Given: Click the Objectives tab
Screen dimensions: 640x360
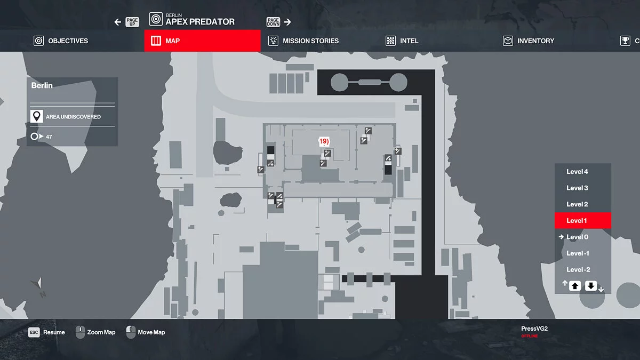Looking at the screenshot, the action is [61, 41].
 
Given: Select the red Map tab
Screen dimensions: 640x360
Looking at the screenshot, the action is [202, 41].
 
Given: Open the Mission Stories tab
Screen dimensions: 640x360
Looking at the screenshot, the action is [303, 41].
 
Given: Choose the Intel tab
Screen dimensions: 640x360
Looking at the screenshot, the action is [402, 41].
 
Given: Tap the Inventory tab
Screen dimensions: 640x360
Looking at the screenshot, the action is [529, 41].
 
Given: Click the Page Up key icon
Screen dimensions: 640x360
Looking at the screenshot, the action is [132, 22].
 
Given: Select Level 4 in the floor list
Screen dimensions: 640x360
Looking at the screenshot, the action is [577, 171].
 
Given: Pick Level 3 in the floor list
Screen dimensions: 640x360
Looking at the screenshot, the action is [577, 188].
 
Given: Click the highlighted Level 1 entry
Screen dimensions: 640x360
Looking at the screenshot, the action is [583, 220].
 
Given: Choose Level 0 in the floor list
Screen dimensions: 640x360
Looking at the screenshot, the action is [577, 237].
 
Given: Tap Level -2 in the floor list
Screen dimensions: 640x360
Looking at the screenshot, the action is [578, 269].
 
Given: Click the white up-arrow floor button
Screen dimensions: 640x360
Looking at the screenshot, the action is [575, 286].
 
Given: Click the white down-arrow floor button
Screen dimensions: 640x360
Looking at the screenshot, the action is [591, 286].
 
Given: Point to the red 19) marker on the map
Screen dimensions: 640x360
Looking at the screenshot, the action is [324, 141].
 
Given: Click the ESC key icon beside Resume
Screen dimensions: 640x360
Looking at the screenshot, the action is [34, 332].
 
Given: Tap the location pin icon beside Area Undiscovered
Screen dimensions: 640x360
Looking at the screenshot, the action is [37, 116].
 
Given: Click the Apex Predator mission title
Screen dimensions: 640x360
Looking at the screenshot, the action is [200, 22].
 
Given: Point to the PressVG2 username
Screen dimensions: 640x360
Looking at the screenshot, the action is [534, 329].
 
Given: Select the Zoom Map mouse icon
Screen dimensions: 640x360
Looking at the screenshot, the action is [80, 332].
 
